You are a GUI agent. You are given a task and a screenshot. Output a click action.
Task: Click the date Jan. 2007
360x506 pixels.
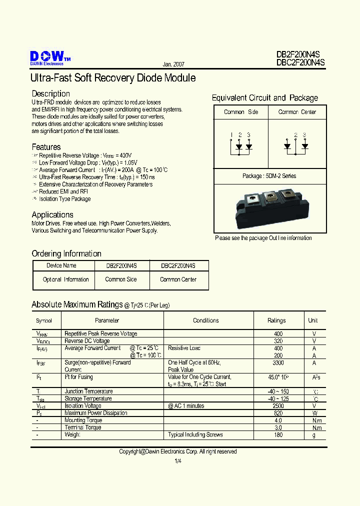click(x=173, y=65)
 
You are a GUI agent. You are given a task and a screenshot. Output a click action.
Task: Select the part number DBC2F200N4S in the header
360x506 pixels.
click(x=300, y=63)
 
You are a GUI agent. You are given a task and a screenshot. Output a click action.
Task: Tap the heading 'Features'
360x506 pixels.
click(x=46, y=147)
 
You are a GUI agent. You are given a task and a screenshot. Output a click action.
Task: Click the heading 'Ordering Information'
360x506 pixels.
click(x=66, y=253)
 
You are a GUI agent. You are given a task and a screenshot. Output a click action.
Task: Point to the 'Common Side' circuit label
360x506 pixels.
click(x=241, y=112)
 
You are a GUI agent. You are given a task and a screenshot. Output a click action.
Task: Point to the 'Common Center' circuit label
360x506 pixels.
click(x=297, y=112)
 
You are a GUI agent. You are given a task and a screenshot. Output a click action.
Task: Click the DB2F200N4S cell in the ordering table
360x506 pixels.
click(x=121, y=266)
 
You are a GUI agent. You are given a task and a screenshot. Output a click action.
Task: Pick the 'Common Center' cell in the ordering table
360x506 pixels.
click(x=178, y=279)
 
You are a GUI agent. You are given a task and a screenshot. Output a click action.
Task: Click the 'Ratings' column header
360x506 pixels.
click(x=276, y=320)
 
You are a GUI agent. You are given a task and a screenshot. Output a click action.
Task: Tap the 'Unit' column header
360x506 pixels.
click(x=313, y=320)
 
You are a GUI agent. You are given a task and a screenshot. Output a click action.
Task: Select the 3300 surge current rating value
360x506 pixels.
click(x=278, y=362)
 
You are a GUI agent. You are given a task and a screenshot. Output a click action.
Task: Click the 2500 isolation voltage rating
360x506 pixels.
click(x=278, y=406)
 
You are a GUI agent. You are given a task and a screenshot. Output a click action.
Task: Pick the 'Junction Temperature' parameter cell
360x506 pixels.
click(x=88, y=391)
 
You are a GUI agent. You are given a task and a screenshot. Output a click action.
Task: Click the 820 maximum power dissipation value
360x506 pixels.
click(x=278, y=413)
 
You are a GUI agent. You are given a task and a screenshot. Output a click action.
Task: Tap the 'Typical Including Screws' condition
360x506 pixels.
click(x=195, y=435)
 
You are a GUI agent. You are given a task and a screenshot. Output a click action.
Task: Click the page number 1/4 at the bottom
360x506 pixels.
click(x=178, y=461)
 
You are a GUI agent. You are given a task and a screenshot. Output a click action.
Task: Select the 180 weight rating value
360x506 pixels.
click(x=278, y=435)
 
